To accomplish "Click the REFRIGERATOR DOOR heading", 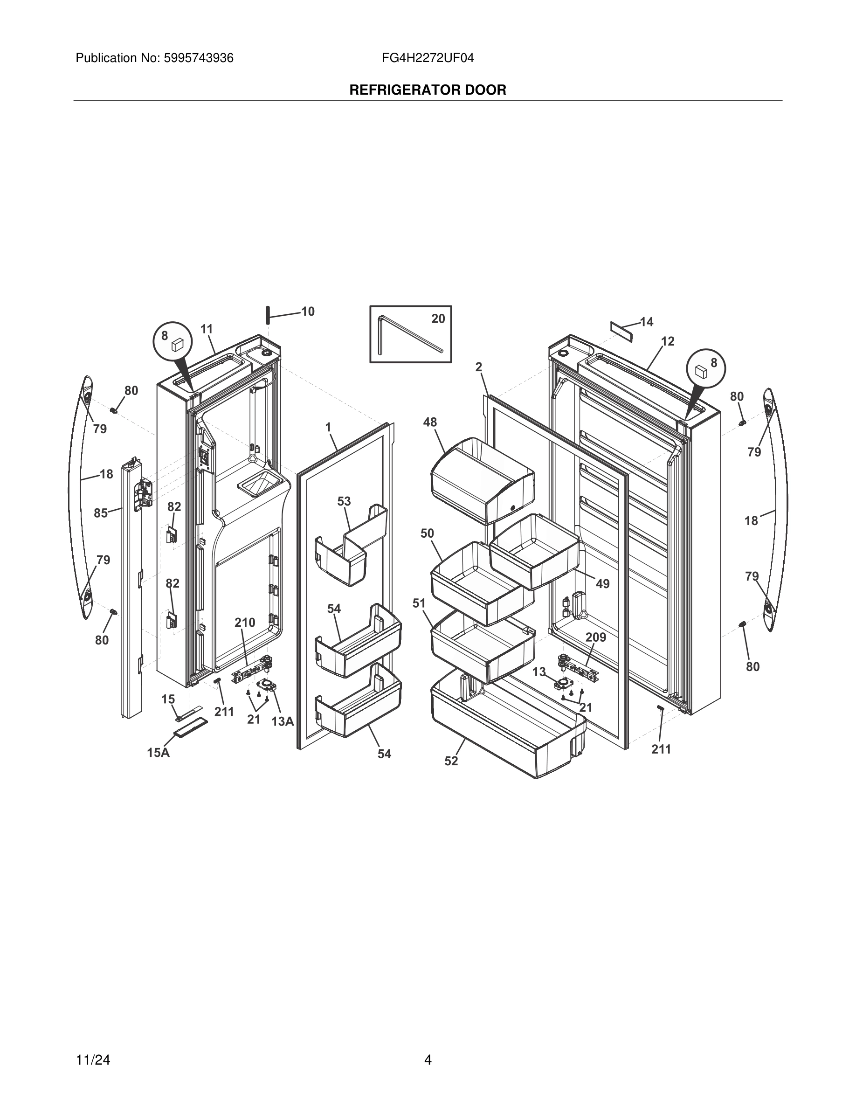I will point(428,90).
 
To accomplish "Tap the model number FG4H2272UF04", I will point(428,58).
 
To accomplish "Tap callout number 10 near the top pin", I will point(308,312).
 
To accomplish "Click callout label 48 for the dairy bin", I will point(430,422).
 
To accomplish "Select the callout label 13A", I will point(283,721).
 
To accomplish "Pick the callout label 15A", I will point(158,753).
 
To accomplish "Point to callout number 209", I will point(596,637).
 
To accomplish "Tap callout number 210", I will point(245,623).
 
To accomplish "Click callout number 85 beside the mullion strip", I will point(100,513).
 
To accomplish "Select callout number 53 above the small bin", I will point(344,501).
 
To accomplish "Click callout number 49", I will point(602,584).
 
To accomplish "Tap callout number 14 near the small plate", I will point(647,322).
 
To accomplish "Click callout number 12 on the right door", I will point(668,341).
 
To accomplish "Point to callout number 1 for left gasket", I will point(328,427).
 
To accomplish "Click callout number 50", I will point(427,533).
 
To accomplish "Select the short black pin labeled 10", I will point(266,315).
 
